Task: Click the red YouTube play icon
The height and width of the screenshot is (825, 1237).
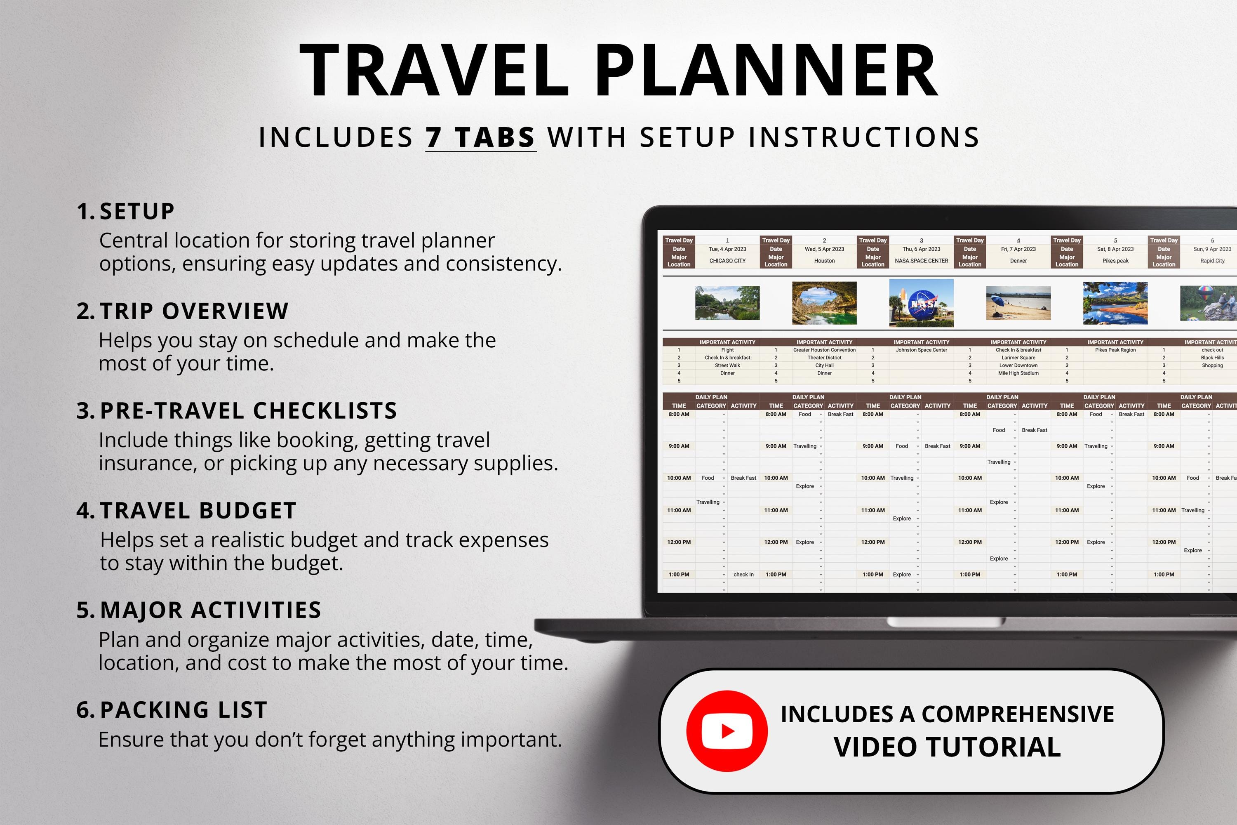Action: pyautogui.click(x=727, y=731)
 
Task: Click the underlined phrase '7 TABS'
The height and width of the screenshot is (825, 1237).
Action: pyautogui.click(x=480, y=138)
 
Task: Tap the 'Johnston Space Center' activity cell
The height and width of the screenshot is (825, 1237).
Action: pyautogui.click(x=922, y=350)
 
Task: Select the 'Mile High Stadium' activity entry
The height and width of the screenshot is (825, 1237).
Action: pyautogui.click(x=1018, y=373)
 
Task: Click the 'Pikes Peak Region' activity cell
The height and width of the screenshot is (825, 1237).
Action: pyautogui.click(x=1115, y=350)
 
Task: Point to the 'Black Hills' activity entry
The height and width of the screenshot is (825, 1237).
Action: pyautogui.click(x=1212, y=358)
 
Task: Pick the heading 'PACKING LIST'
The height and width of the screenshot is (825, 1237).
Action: pyautogui.click(x=183, y=710)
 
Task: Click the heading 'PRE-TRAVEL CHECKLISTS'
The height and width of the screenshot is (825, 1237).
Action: pyautogui.click(x=248, y=411)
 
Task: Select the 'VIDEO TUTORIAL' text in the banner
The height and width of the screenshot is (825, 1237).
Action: pyautogui.click(x=947, y=747)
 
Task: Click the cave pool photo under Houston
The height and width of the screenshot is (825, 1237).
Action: pyautogui.click(x=824, y=303)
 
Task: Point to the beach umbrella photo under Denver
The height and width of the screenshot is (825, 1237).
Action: pyautogui.click(x=1018, y=303)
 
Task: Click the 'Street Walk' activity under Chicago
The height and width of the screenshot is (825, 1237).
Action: pyautogui.click(x=727, y=365)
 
